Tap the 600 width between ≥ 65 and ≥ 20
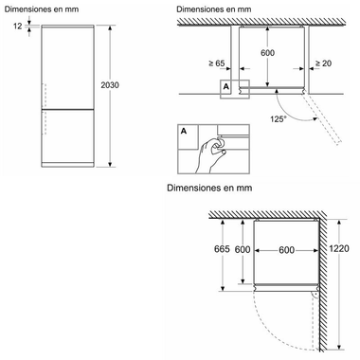(x=267, y=52)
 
